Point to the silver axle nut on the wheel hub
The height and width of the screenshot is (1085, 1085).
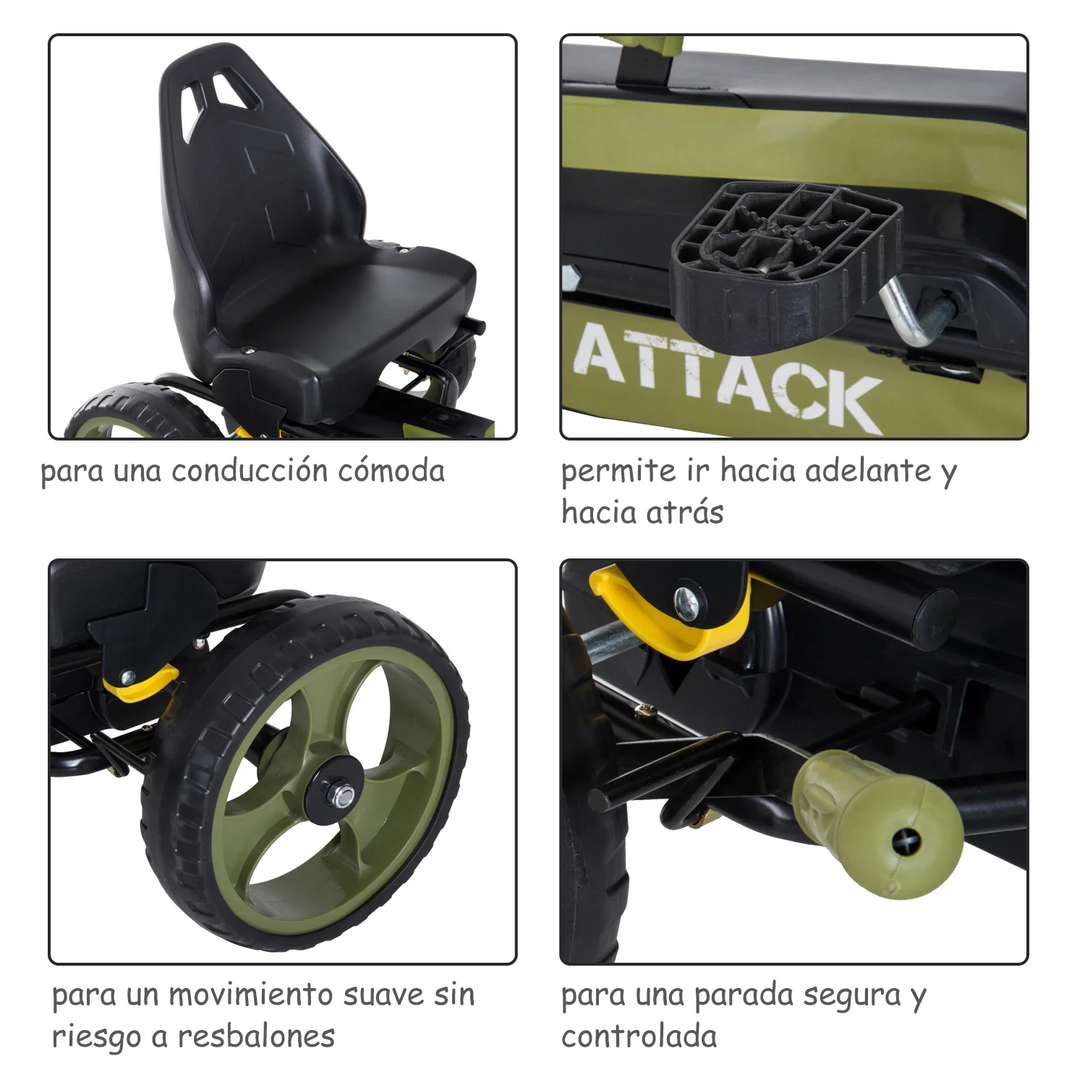(342, 796)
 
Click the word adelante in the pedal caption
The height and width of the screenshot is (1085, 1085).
(868, 471)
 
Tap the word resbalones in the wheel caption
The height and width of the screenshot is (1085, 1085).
(257, 1037)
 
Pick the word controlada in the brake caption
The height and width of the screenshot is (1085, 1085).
(639, 1037)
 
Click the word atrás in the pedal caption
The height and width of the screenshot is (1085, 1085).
(684, 513)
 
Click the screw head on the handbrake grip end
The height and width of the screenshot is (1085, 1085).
(906, 841)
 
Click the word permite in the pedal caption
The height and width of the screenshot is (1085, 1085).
(618, 472)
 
